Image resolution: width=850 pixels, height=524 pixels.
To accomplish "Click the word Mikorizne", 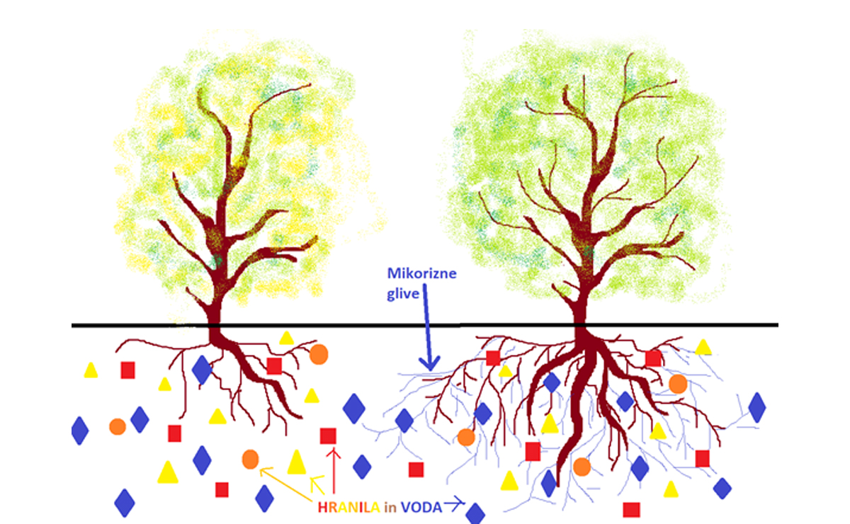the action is [x=421, y=273].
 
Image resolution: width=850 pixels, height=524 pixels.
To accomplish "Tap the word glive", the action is [x=403, y=294].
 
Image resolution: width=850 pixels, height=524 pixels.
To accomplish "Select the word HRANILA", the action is [x=348, y=507].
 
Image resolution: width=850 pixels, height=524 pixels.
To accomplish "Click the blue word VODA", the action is [x=421, y=507].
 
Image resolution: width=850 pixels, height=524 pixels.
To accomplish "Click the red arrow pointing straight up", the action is [x=334, y=470].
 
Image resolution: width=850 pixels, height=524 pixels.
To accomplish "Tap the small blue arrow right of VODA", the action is [x=454, y=504].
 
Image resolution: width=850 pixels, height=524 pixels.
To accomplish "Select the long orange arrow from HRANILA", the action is [x=286, y=484].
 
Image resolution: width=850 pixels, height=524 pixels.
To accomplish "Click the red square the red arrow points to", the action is [x=328, y=436].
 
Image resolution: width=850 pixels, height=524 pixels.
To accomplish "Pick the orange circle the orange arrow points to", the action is [x=251, y=459].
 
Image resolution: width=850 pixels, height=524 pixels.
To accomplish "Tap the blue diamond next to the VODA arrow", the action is [x=475, y=514].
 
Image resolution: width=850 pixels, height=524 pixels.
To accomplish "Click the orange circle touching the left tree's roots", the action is [x=319, y=354].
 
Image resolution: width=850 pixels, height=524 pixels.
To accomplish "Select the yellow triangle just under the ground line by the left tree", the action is [x=286, y=338].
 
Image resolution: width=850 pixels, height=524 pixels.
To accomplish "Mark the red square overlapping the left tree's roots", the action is [x=274, y=366].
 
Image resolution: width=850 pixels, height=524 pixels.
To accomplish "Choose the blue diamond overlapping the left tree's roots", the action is [x=202, y=370].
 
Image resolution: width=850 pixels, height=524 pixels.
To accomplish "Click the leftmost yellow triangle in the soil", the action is [x=91, y=370].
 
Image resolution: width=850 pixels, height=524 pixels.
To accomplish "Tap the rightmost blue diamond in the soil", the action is [x=757, y=407].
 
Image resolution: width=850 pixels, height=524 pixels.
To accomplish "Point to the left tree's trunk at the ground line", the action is [x=215, y=325].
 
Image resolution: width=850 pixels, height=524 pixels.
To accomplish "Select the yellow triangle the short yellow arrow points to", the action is [x=297, y=462].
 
